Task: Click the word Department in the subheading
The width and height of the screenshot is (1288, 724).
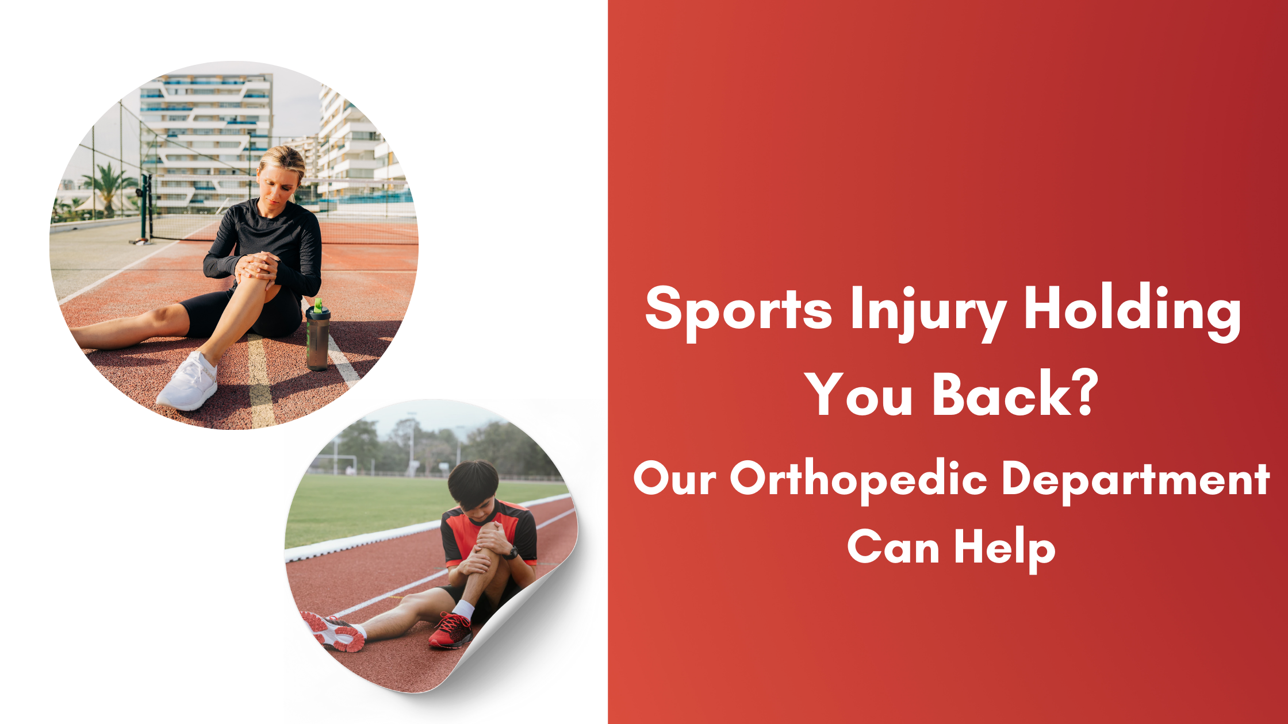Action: click(x=1136, y=480)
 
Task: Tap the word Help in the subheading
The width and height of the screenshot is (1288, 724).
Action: click(x=1005, y=548)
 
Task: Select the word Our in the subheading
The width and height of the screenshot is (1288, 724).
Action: click(x=675, y=479)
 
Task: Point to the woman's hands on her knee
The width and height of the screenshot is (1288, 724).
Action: click(x=257, y=267)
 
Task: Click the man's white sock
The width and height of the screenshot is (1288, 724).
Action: click(x=463, y=610)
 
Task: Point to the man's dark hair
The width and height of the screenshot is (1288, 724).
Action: click(x=473, y=483)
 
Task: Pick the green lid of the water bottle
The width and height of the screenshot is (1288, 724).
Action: click(x=318, y=305)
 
